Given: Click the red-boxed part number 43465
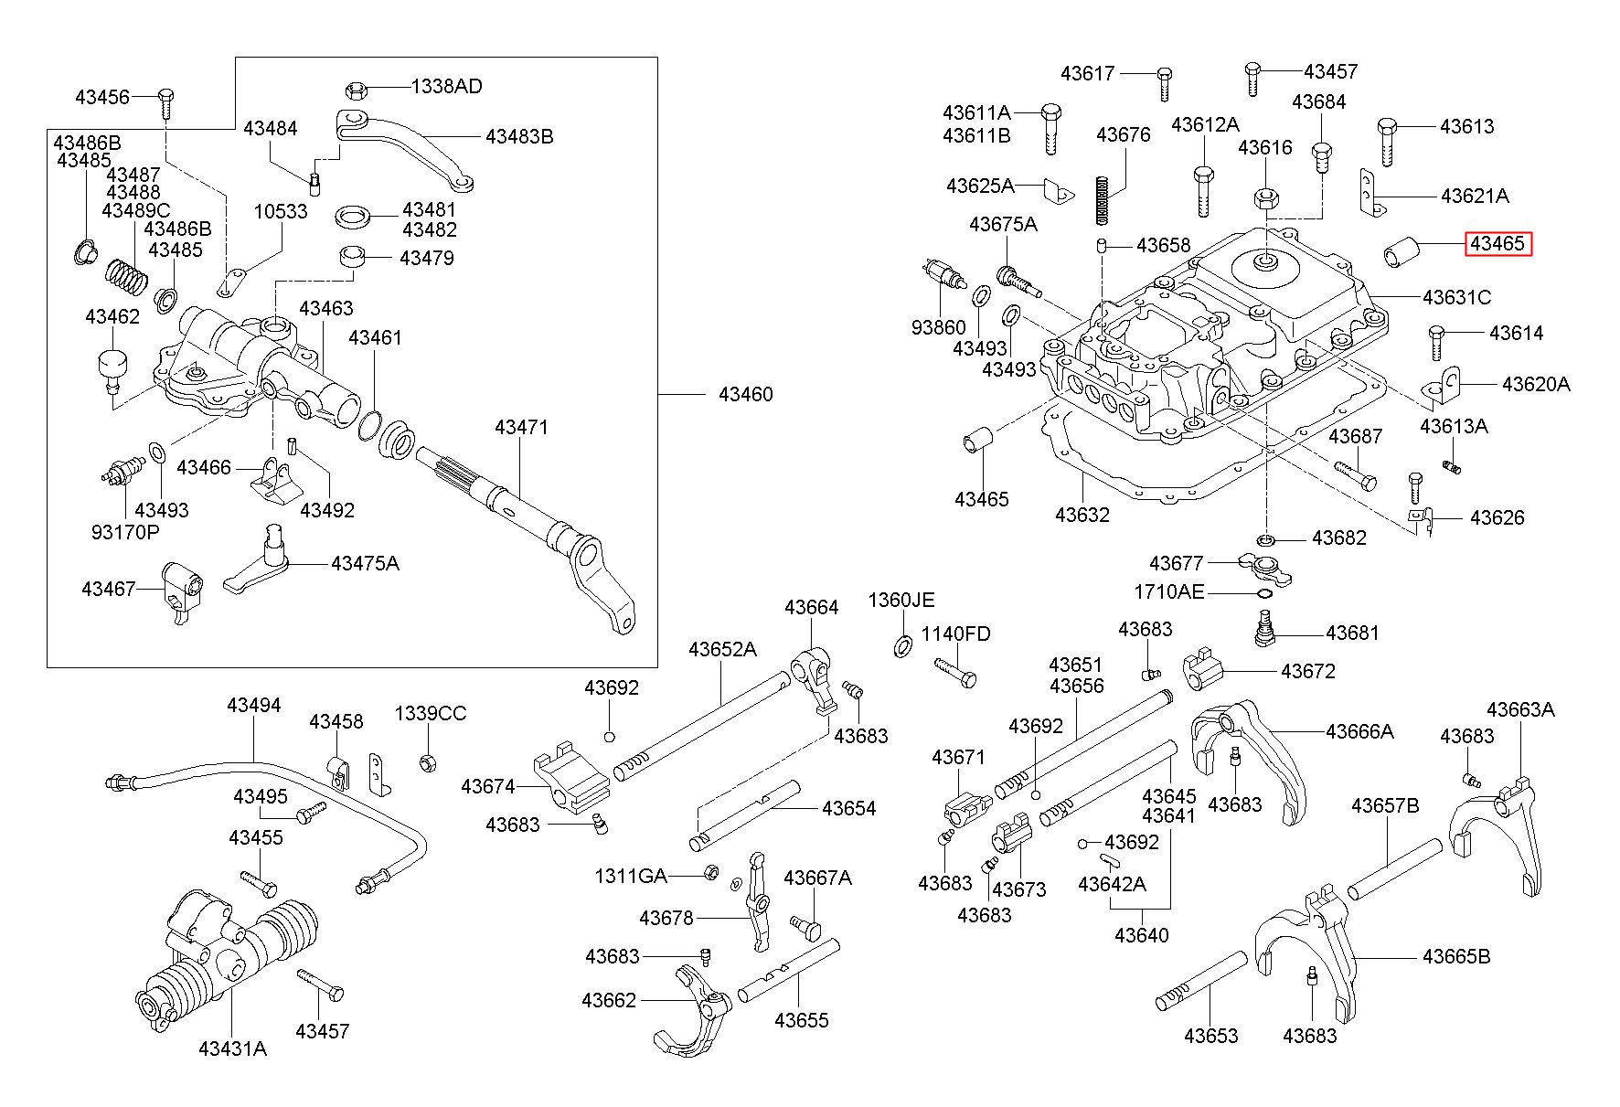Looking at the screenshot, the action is tap(1497, 244).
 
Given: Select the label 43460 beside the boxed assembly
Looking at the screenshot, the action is tap(745, 394).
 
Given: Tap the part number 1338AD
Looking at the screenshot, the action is tap(446, 87).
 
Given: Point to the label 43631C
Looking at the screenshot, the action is tap(1456, 297).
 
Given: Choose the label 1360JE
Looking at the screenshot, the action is tap(901, 600).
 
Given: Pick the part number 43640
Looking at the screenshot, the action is tap(1141, 935).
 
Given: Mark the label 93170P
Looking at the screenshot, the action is tap(124, 531).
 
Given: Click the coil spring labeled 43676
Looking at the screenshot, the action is tap(1103, 199).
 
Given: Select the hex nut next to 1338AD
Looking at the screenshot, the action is tap(357, 90).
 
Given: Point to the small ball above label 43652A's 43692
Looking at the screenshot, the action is tap(610, 736).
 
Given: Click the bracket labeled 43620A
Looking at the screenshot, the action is tap(1441, 386).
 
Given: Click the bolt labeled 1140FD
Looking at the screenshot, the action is tap(955, 672).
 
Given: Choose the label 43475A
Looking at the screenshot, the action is tap(365, 563).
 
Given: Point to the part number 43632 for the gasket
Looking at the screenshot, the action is tap(1082, 515).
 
